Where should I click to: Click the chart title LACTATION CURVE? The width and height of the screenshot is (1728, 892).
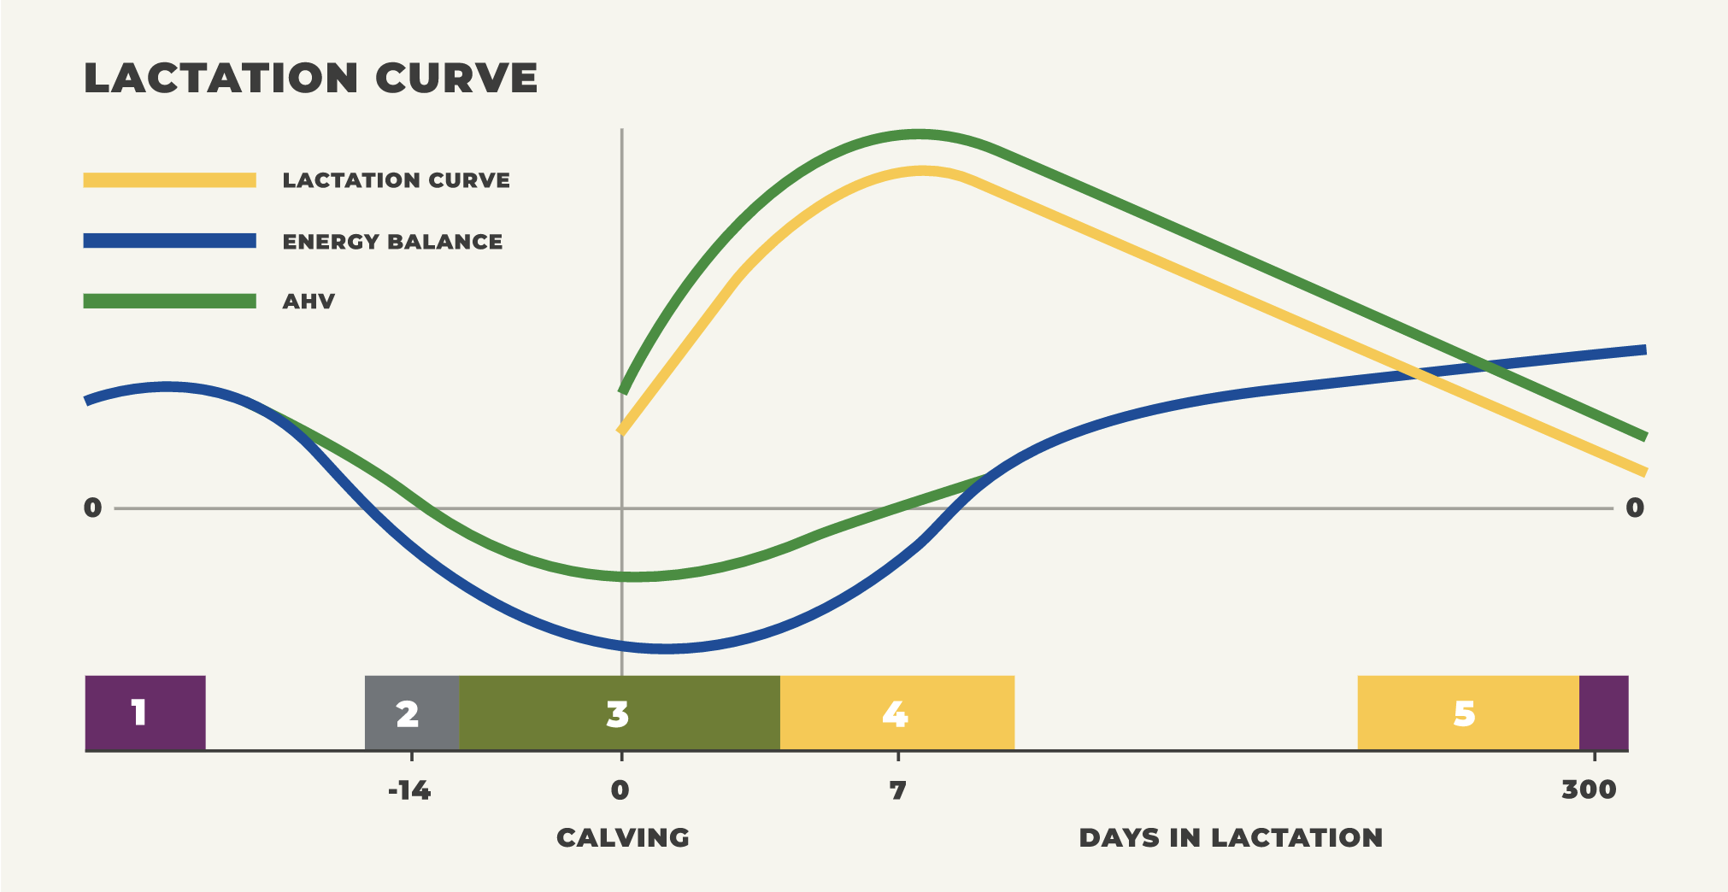[x=311, y=78]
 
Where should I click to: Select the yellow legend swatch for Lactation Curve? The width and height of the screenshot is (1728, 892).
[x=169, y=180]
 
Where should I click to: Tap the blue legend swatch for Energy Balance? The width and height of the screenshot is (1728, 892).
[x=169, y=241]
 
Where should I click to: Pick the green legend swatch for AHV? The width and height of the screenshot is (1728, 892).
[x=169, y=301]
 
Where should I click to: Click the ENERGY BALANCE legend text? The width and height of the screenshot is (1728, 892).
[x=392, y=242]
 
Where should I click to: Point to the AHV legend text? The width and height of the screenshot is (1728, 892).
[x=309, y=302]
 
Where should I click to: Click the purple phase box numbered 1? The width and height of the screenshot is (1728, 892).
[x=145, y=713]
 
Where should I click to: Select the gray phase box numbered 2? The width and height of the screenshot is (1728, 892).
[x=411, y=713]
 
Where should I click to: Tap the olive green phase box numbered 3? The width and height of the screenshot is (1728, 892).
[x=619, y=713]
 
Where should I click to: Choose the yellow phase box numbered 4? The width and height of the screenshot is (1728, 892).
[x=896, y=713]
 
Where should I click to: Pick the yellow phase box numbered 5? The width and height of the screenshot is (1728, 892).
[x=1467, y=713]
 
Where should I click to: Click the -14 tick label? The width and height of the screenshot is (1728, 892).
[x=409, y=790]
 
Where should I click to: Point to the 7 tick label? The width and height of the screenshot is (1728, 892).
[x=897, y=790]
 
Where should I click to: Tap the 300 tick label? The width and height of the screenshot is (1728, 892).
[x=1589, y=789]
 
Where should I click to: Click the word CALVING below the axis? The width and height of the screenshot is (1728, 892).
[x=623, y=837]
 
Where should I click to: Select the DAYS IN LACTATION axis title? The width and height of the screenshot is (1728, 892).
[x=1231, y=837]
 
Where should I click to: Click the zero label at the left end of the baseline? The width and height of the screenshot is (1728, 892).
[x=92, y=508]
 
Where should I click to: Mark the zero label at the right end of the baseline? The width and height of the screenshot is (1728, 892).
[x=1635, y=508]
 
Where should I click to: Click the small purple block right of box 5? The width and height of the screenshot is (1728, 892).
[x=1603, y=713]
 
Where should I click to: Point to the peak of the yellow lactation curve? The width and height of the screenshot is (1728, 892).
[x=923, y=171]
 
